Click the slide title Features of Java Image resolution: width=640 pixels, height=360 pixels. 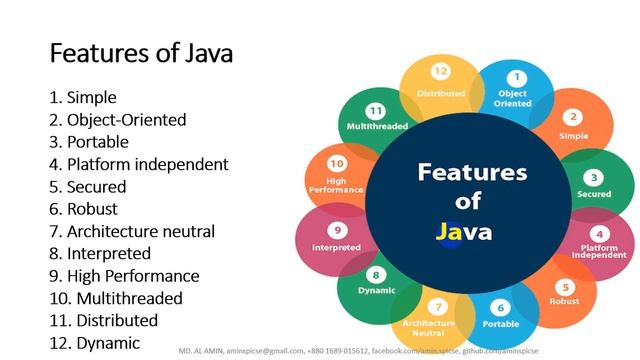click(141, 52)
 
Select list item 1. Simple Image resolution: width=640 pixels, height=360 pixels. click(83, 98)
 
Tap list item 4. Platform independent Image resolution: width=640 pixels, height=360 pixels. click(139, 164)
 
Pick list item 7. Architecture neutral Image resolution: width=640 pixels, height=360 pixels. click(132, 231)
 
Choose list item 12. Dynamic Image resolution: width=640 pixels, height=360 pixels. click(95, 342)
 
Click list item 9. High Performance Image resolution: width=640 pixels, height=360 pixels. click(124, 276)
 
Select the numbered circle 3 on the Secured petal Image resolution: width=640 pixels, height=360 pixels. click(596, 176)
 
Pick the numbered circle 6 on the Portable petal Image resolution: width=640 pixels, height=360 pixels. click(501, 308)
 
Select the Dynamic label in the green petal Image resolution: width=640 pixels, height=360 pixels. click(377, 291)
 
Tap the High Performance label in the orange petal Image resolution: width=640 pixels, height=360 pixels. click(329, 185)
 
